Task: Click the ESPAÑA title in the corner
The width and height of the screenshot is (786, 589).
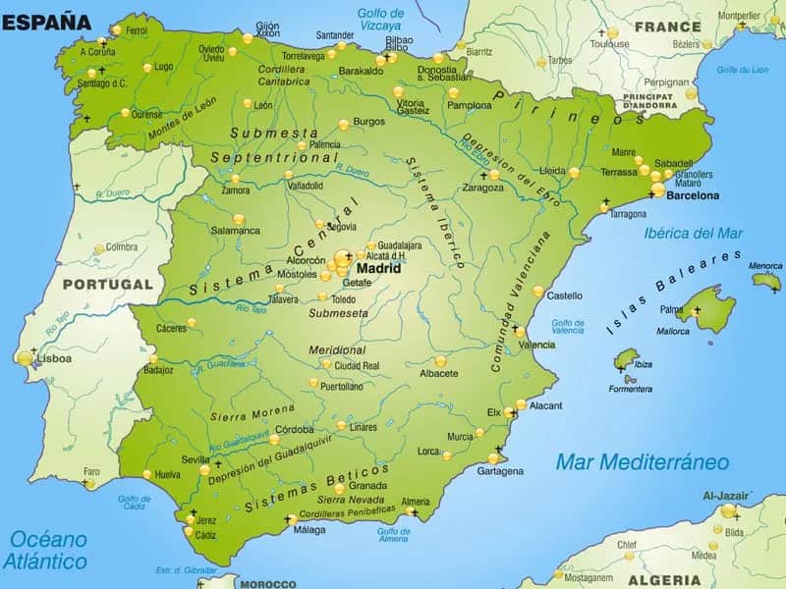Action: (x=46, y=21)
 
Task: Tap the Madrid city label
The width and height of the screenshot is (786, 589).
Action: (x=378, y=267)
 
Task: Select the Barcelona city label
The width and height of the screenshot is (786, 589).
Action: (x=693, y=195)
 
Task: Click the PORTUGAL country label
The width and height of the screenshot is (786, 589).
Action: (x=108, y=285)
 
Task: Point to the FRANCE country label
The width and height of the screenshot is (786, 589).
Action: (x=667, y=27)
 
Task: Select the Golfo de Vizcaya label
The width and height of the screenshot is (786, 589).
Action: (x=379, y=19)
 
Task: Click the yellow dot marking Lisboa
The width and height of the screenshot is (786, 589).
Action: (x=25, y=358)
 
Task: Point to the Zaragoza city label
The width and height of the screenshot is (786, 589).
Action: (x=482, y=187)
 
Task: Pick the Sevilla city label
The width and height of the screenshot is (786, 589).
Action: (x=196, y=459)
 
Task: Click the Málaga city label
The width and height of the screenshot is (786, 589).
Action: (x=309, y=530)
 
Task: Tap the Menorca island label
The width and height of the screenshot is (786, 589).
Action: (x=765, y=266)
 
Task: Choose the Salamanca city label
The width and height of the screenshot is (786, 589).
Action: (x=236, y=231)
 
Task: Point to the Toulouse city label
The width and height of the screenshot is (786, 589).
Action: (x=610, y=44)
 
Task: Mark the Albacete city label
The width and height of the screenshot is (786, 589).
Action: (x=438, y=373)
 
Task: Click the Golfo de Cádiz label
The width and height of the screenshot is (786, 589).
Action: (x=134, y=503)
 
